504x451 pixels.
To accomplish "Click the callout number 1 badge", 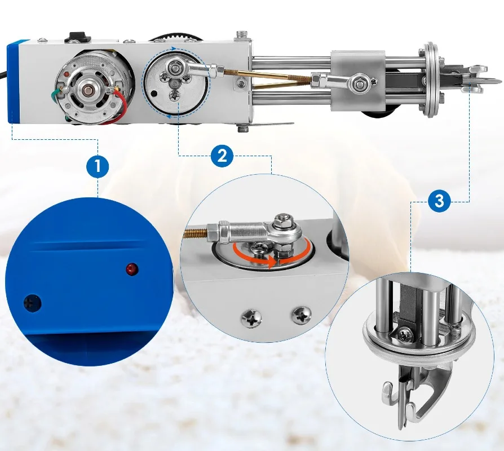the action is (98, 166).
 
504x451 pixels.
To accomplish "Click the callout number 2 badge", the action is (222, 156).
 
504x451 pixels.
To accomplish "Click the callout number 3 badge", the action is (439, 201).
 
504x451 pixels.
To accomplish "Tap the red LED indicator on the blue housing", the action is (132, 269).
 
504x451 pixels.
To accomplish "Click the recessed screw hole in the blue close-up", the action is (33, 303).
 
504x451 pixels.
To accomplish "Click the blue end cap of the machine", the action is (13, 82).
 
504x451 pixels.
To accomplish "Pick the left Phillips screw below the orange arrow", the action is (251, 318).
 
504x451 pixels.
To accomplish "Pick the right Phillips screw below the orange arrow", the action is (301, 315).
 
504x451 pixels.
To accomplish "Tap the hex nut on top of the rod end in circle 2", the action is (283, 221).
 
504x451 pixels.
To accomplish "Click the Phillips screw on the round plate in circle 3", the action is (405, 335).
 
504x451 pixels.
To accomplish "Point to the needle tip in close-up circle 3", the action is (401, 429).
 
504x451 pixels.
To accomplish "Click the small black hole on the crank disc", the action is (155, 94).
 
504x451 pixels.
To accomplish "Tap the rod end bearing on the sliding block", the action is (359, 83).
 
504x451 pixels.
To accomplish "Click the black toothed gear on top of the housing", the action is (175, 36).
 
